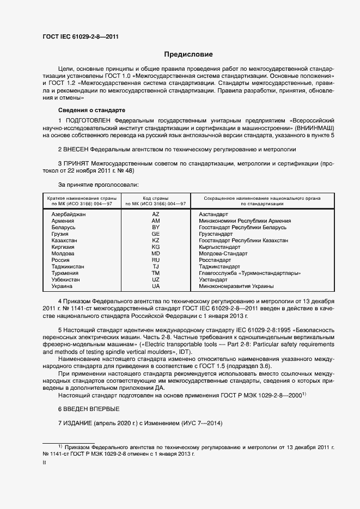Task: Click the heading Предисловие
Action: pyautogui.click(x=188, y=54)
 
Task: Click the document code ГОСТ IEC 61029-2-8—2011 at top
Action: pyautogui.click(x=81, y=37)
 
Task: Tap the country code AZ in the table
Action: pyautogui.click(x=156, y=214)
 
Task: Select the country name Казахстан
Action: pyautogui.click(x=64, y=240)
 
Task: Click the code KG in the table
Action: pyautogui.click(x=156, y=247)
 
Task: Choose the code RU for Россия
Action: pyautogui.click(x=156, y=260)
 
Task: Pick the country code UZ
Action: pyautogui.click(x=156, y=279)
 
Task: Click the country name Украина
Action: pyautogui.click(x=61, y=286)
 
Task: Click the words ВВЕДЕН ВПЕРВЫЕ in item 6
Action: pyautogui.click(x=91, y=408)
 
